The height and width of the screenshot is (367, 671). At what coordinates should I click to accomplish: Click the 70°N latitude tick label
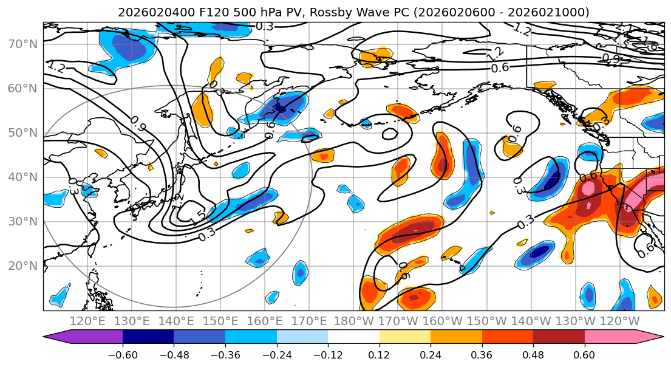tap(22, 44)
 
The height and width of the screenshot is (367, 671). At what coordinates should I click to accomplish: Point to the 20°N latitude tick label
tap(22, 266)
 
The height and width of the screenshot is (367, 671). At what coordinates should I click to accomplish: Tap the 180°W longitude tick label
tap(353, 321)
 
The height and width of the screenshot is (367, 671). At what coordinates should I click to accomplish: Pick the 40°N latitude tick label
tap(22, 177)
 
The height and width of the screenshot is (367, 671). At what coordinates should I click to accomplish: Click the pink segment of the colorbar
tap(613, 337)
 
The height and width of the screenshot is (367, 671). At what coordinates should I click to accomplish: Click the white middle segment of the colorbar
tap(353, 337)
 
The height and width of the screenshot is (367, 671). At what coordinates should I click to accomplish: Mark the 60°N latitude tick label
tap(22, 88)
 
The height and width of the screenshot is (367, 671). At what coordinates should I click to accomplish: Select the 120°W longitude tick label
tap(619, 321)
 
